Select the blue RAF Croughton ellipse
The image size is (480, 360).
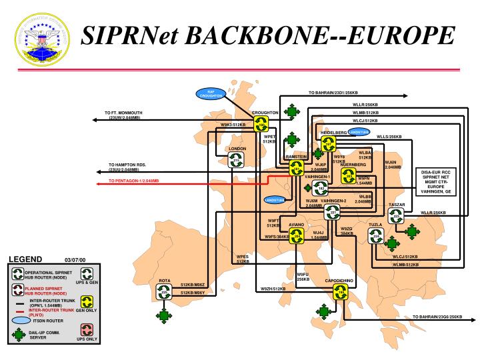tap(211, 93)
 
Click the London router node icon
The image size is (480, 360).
tap(237, 160)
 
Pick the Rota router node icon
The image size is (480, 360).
tap(164, 291)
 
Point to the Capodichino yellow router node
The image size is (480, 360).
tap(341, 291)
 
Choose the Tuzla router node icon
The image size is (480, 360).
tap(376, 236)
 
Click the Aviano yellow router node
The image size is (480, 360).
tap(297, 235)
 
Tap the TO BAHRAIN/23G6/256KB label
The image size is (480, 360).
tap(437, 317)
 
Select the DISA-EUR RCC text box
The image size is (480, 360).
tap(437, 181)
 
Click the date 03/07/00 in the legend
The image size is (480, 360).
tap(75, 260)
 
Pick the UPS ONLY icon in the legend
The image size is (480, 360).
tap(87, 329)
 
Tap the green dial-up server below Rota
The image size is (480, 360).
tap(164, 315)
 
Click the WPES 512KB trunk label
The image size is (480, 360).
tap(243, 259)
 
